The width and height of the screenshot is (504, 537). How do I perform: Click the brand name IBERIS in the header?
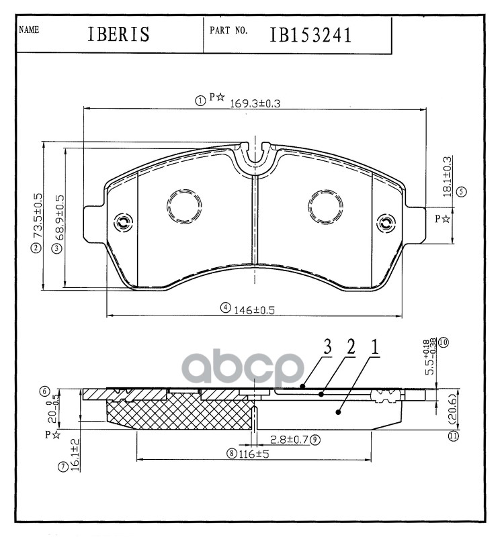(118, 34)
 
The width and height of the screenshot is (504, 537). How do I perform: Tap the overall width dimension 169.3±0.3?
(255, 103)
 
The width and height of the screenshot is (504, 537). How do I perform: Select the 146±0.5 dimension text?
(255, 309)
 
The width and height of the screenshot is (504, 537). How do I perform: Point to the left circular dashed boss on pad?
(183, 205)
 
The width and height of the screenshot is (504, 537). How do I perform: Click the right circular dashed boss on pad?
(325, 205)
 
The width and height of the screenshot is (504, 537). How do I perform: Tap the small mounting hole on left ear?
(122, 222)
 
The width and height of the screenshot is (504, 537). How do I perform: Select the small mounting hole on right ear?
(386, 222)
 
